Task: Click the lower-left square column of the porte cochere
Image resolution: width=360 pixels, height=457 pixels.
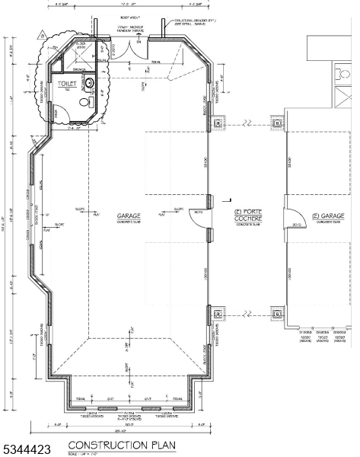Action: [221, 313]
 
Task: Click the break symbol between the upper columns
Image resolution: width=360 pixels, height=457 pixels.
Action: [247, 122]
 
